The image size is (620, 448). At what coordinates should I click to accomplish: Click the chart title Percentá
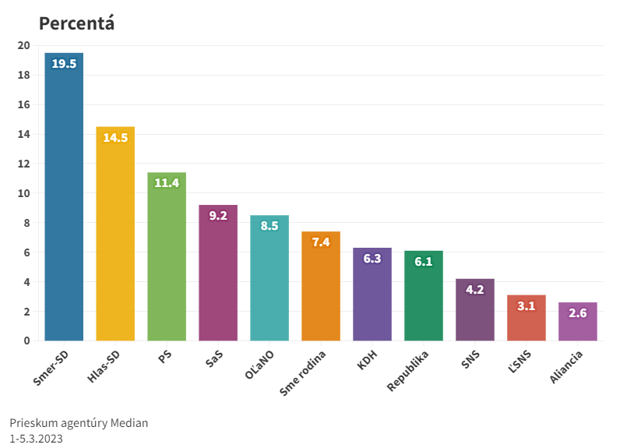pyautogui.click(x=76, y=23)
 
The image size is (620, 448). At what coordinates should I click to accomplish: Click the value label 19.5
pyautogui.click(x=64, y=64)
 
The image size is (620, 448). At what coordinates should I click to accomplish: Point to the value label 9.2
pyautogui.click(x=218, y=216)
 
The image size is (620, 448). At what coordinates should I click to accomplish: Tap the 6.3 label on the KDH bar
pyautogui.click(x=372, y=259)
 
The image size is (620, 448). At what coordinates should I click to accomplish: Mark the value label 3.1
pyautogui.click(x=527, y=306)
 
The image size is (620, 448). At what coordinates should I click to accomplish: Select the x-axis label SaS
pyautogui.click(x=213, y=361)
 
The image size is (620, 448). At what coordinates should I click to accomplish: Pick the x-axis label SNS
pyautogui.click(x=470, y=362)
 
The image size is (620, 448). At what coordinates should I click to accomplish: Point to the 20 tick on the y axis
pyautogui.click(x=23, y=45)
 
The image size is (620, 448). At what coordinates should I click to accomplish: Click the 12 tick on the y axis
pyautogui.click(x=23, y=164)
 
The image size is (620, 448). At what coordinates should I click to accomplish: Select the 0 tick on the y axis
pyautogui.click(x=26, y=340)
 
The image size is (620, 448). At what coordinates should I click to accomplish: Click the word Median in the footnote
pyautogui.click(x=128, y=423)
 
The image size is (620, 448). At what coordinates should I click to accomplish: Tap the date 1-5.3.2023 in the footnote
pyautogui.click(x=37, y=439)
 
